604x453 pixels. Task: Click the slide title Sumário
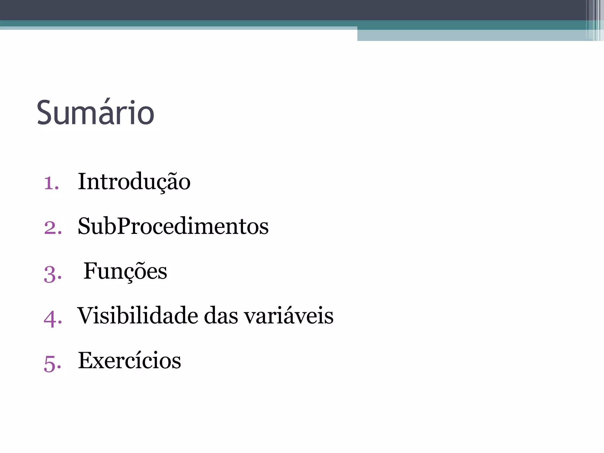coord(95,113)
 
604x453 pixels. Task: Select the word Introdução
coord(134,182)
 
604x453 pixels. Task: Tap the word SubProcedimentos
coord(173,226)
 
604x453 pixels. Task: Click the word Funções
coord(125,271)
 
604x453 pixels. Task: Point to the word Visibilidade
coord(138,316)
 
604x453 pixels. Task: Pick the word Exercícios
coord(129,360)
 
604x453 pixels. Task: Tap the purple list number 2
coord(52,228)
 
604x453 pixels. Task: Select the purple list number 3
coord(52,274)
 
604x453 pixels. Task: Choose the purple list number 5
coord(52,363)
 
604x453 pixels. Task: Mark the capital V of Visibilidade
coord(86,316)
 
